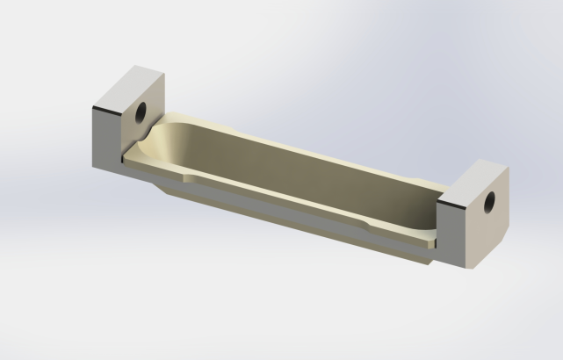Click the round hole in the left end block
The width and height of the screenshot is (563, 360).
[x=141, y=112]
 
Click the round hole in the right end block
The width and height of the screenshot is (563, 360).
[x=490, y=201]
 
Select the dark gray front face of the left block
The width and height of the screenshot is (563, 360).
[x=105, y=136]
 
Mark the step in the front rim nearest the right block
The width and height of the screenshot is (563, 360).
[x=373, y=227]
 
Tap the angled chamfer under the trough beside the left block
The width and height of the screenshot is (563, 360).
[x=158, y=186]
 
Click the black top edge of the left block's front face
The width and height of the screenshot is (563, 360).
[x=105, y=109]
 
